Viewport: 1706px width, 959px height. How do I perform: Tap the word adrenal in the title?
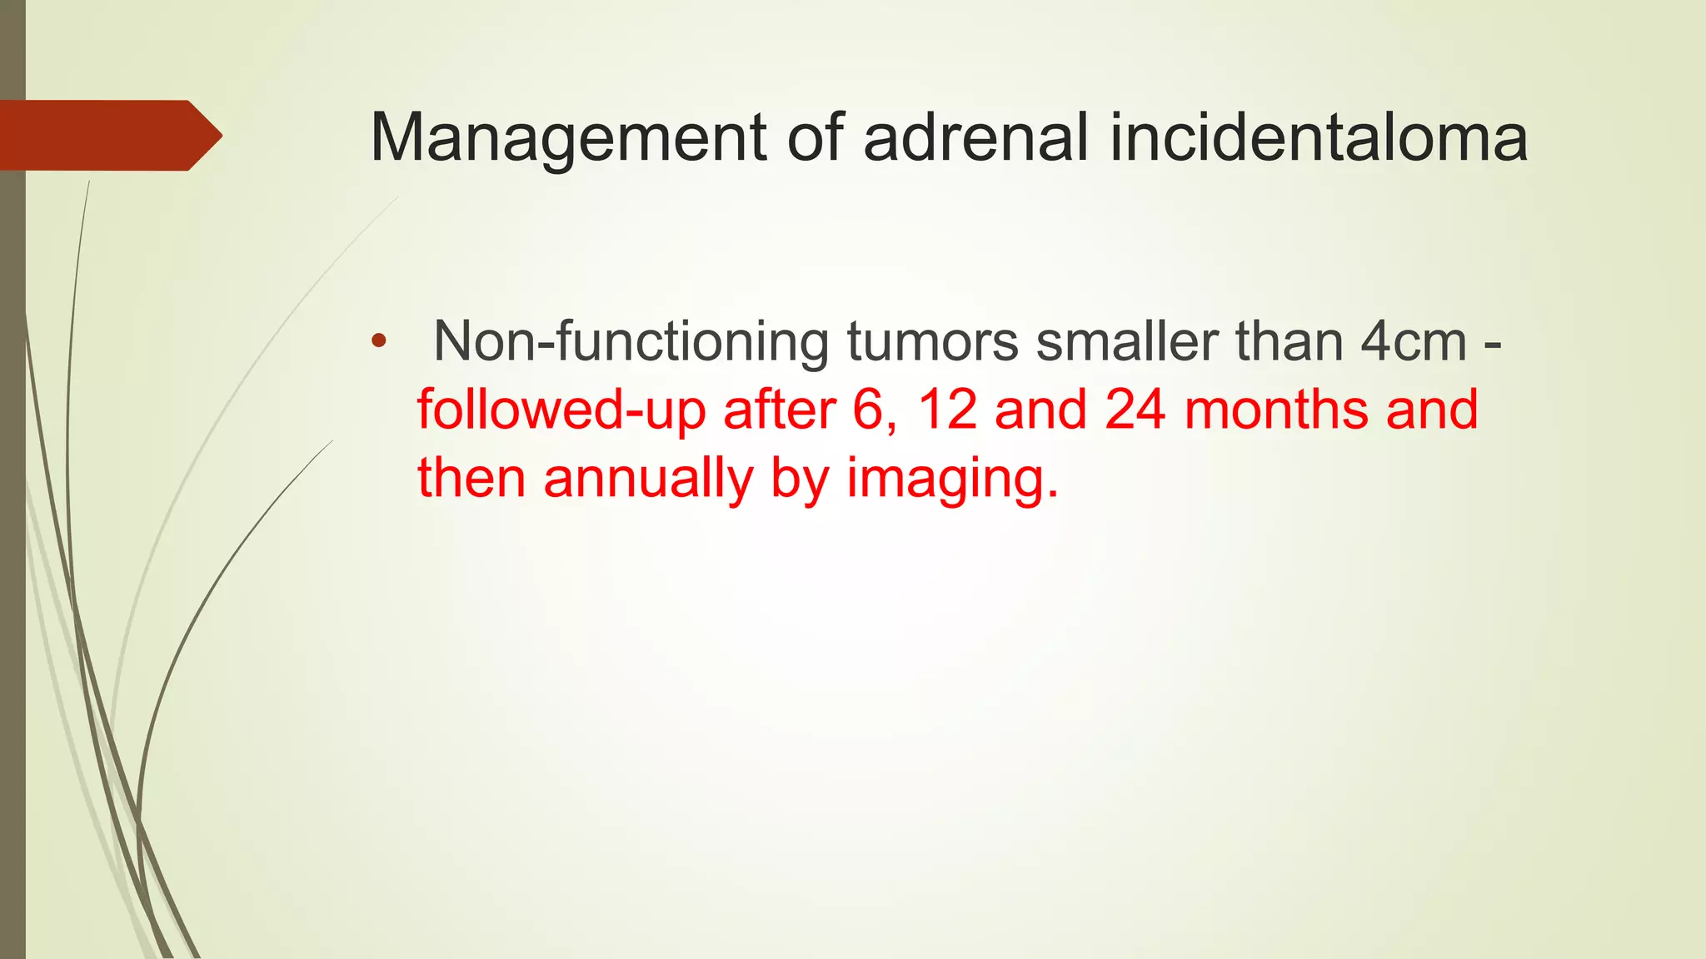pyautogui.click(x=975, y=137)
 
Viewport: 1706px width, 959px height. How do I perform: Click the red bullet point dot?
pyautogui.click(x=379, y=340)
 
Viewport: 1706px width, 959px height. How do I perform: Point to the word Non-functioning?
pyautogui.click(x=631, y=341)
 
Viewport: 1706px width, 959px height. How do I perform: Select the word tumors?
pyautogui.click(x=932, y=341)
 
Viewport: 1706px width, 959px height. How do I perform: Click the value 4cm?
pyautogui.click(x=1413, y=341)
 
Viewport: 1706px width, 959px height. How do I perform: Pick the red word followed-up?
pyautogui.click(x=561, y=410)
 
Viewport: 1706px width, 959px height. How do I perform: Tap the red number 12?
pyautogui.click(x=946, y=410)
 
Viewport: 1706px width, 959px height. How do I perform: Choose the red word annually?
pyautogui.click(x=647, y=479)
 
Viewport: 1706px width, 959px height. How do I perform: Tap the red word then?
pyautogui.click(x=471, y=479)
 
